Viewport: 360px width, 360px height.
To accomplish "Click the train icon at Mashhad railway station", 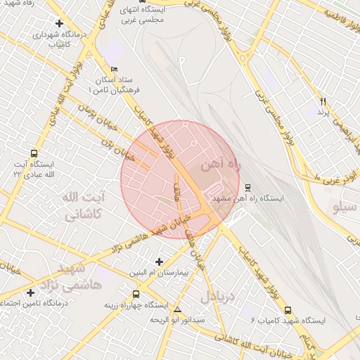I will (x=247, y=188).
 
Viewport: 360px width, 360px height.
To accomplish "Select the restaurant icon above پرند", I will (x=323, y=101).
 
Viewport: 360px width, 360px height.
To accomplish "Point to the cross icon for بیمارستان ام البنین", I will (x=160, y=262).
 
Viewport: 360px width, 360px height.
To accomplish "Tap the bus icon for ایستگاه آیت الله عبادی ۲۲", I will (x=34, y=153).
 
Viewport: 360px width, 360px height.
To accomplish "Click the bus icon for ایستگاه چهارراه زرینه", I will (x=136, y=295).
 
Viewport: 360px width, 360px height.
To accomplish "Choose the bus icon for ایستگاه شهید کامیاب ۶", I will (x=288, y=309).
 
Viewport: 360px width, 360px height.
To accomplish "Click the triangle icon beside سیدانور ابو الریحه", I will (x=177, y=309).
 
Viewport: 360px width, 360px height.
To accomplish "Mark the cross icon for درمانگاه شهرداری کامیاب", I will (x=59, y=23).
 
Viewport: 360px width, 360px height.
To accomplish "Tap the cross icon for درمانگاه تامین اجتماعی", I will (x=30, y=292).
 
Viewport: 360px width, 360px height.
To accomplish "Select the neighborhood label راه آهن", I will (x=219, y=165).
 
